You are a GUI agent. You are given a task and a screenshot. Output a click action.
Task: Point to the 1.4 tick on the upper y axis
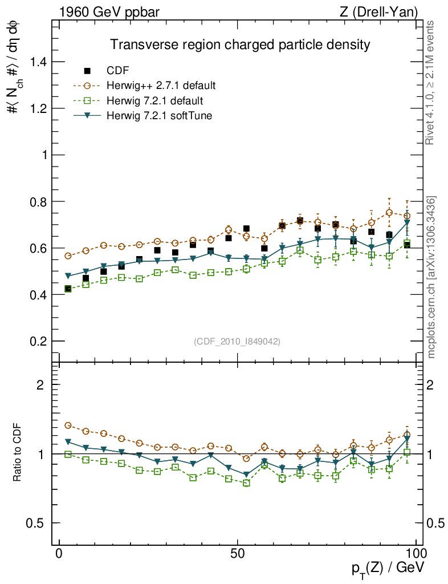[39, 62]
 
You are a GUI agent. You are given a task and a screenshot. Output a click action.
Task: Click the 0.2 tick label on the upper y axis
[39, 341]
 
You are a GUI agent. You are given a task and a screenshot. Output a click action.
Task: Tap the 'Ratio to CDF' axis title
[17, 453]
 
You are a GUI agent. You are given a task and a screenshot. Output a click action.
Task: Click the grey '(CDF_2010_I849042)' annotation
[237, 341]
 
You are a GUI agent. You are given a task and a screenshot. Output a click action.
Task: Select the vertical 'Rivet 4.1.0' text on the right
[431, 83]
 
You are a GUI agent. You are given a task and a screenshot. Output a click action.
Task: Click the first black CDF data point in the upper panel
[68, 289]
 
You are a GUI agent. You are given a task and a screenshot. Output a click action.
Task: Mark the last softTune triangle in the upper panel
[408, 223]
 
